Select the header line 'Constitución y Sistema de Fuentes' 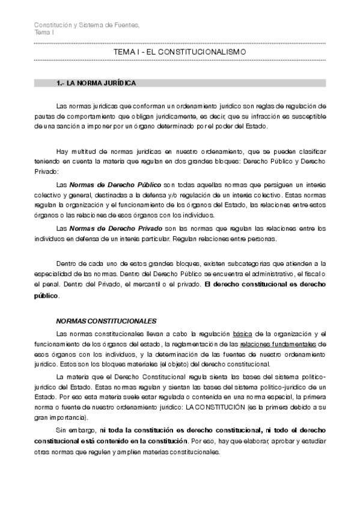87,24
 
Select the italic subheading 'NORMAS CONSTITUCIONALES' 106,321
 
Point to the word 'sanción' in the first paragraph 65,126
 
